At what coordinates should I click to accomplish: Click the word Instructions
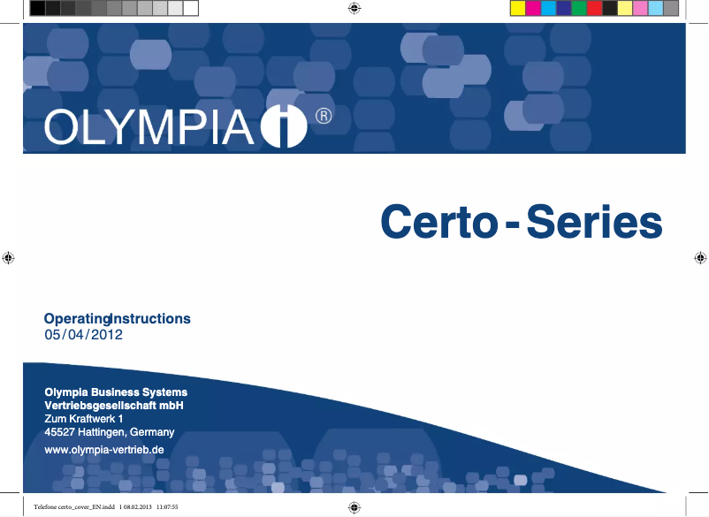150,318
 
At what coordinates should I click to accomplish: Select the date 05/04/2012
83,335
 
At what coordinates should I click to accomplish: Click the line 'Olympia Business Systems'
116,392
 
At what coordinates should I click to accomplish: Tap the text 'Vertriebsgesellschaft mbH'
113,405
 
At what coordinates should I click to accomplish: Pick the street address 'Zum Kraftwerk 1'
83,418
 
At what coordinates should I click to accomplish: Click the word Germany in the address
152,432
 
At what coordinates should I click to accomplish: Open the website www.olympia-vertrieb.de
104,450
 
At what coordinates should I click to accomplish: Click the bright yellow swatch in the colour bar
519,9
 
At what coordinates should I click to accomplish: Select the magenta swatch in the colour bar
534,9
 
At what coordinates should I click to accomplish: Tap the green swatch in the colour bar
579,9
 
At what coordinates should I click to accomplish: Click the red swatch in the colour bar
594,9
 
